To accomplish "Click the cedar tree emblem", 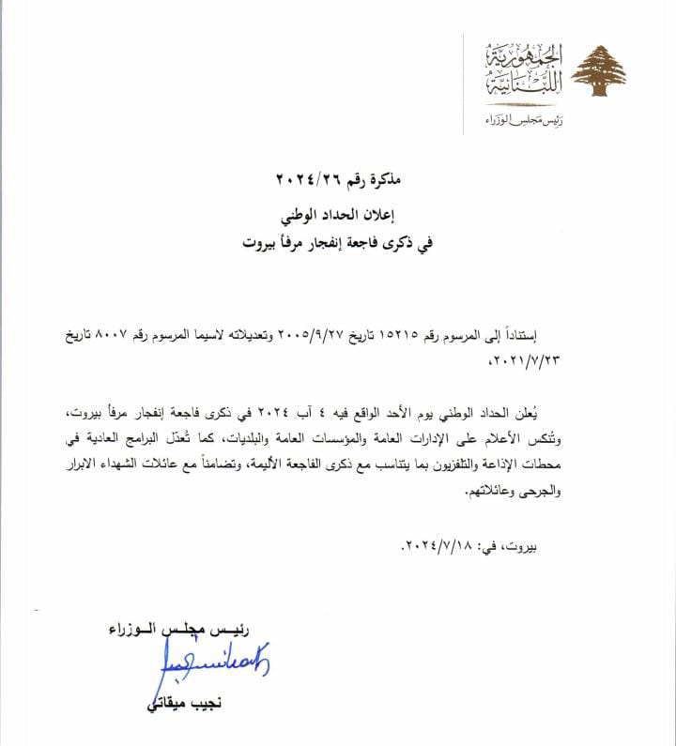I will tap(598, 71).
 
